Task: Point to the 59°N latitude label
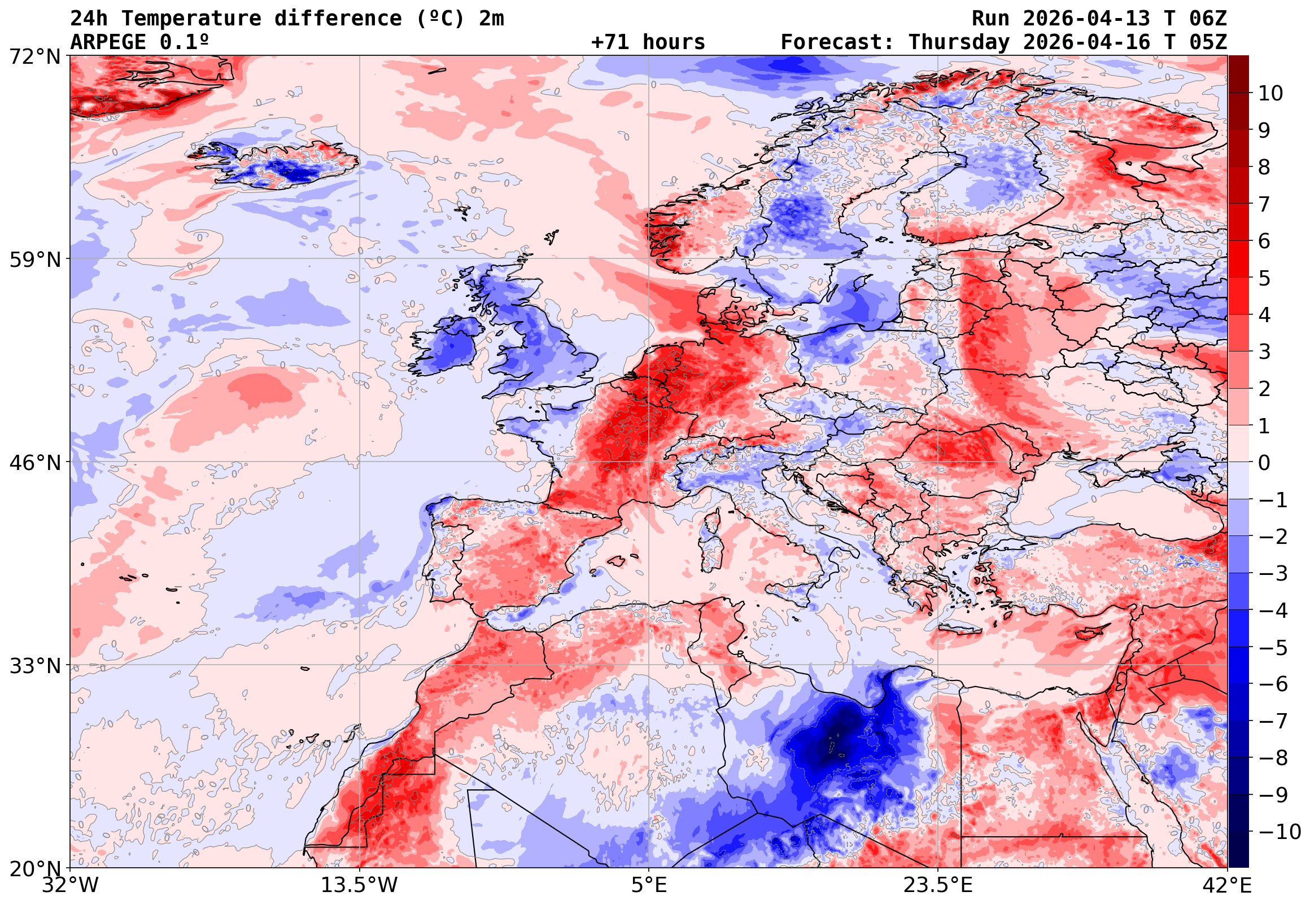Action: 34,260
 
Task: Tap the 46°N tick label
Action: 34,463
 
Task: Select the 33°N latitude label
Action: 34,666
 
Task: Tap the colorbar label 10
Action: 1270,94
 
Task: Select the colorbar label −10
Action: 1280,832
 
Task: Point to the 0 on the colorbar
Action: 1264,463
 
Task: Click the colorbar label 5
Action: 1264,278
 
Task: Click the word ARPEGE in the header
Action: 108,42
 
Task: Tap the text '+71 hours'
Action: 648,42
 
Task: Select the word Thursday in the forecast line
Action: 959,42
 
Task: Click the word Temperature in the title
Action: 191,19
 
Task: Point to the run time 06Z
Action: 1207,19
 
